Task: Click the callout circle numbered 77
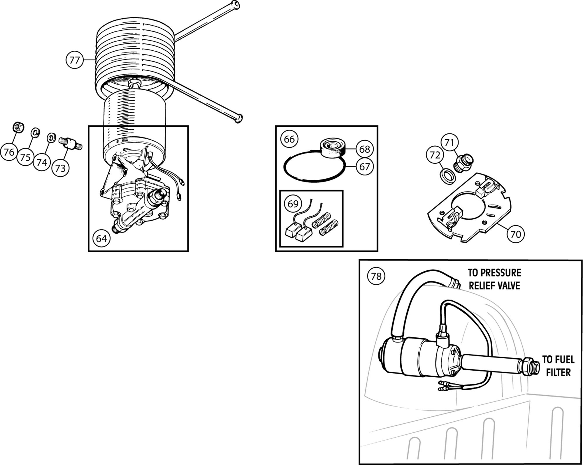[75, 60]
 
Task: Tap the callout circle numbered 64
[101, 239]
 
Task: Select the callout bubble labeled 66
[289, 139]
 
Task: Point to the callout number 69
[293, 203]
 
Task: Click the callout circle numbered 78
[376, 276]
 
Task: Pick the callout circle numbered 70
[516, 234]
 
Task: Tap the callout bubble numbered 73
[60, 168]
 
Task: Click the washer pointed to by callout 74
[52, 137]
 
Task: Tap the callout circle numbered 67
[364, 167]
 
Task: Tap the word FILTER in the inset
[558, 373]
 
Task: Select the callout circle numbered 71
[449, 142]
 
